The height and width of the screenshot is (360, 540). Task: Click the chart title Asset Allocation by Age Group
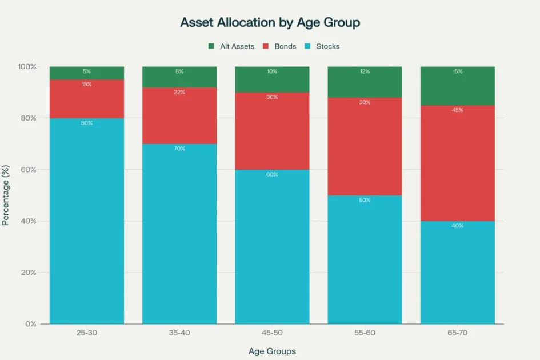pyautogui.click(x=270, y=23)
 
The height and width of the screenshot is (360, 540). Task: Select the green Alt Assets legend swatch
pyautogui.click(x=211, y=46)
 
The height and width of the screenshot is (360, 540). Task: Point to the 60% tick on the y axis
pyautogui.click(x=27, y=170)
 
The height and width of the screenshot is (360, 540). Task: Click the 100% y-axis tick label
pyautogui.click(x=26, y=67)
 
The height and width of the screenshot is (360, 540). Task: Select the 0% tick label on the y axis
pyautogui.click(x=30, y=324)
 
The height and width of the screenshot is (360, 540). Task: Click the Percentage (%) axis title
pyautogui.click(x=6, y=195)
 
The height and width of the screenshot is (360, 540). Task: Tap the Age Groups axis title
pyautogui.click(x=272, y=351)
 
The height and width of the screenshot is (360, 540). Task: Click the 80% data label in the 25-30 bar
pyautogui.click(x=87, y=123)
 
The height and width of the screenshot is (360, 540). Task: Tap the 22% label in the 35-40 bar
pyautogui.click(x=179, y=92)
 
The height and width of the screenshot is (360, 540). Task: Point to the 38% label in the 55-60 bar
pyautogui.click(x=365, y=102)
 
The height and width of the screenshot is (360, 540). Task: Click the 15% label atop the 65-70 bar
pyautogui.click(x=457, y=71)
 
